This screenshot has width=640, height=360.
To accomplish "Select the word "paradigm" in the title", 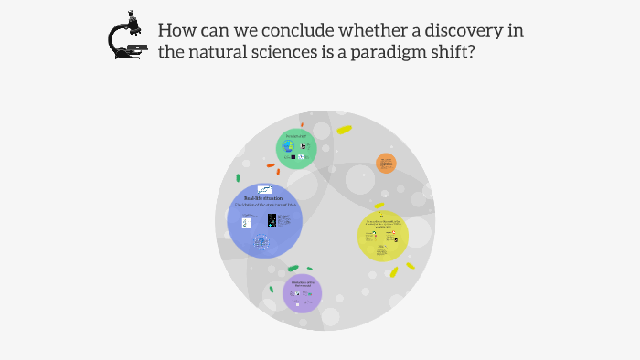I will tap(389, 52).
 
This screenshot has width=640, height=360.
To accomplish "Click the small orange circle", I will tap(386, 164).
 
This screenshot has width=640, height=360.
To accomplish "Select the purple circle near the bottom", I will tap(302, 293).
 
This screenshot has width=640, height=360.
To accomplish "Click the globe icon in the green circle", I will tap(289, 145).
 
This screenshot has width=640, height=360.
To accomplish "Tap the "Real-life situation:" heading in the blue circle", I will tap(264, 198).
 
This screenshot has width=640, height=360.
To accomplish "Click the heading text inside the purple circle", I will tap(302, 284).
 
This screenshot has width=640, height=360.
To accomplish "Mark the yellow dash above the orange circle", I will tap(344, 130).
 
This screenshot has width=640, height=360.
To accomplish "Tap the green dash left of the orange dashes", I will tap(239, 178).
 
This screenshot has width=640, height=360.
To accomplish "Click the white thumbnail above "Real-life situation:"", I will tap(264, 189).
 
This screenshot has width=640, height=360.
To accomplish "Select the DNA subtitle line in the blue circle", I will tap(264, 206).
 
